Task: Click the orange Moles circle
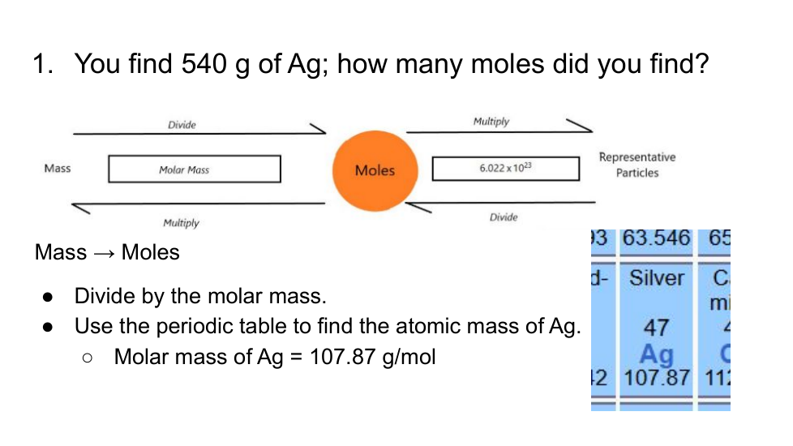[x=375, y=171]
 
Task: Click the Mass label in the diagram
[x=57, y=169]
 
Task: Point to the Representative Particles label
[x=637, y=165]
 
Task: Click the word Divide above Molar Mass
[x=182, y=125]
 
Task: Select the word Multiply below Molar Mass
[x=181, y=223]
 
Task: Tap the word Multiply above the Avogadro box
[x=491, y=122]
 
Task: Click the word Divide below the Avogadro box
[x=504, y=217]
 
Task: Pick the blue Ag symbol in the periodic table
[x=657, y=354]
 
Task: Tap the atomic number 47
[x=657, y=328]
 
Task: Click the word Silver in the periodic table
[x=657, y=278]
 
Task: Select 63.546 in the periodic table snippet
[x=657, y=238]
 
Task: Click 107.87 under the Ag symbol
[x=657, y=378]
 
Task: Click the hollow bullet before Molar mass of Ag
[x=87, y=358]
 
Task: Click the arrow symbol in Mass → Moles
[x=104, y=253]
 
